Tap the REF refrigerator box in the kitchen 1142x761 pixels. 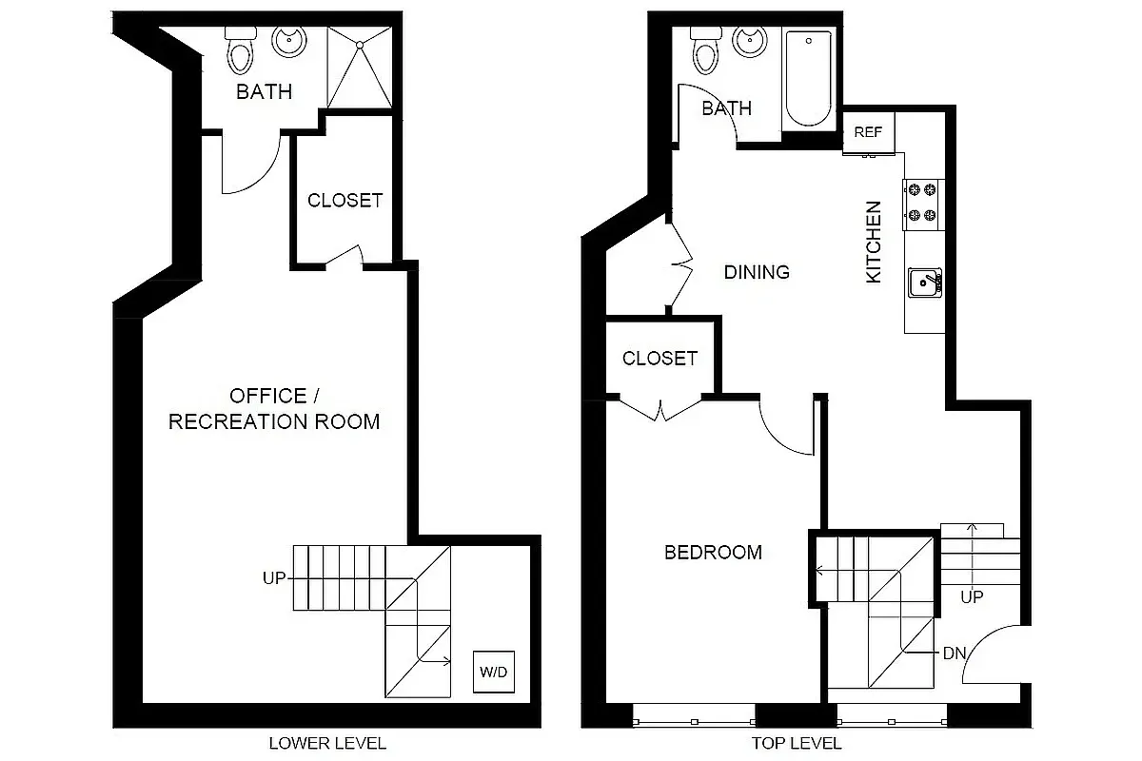tap(868, 132)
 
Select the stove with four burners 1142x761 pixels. tap(921, 204)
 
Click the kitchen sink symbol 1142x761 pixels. tap(923, 283)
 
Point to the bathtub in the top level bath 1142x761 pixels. tap(809, 78)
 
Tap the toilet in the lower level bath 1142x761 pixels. tap(241, 48)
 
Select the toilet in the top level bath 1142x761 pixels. tap(705, 48)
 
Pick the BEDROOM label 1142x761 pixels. tap(713, 553)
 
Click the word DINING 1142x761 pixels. tap(757, 272)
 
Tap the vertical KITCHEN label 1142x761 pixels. tap(874, 242)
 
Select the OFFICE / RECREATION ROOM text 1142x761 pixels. tap(274, 409)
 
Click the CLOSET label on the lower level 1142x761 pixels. tap(345, 201)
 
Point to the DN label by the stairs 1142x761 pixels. tap(955, 654)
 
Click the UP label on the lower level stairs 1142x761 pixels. tap(274, 577)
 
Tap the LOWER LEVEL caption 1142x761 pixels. tap(327, 743)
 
